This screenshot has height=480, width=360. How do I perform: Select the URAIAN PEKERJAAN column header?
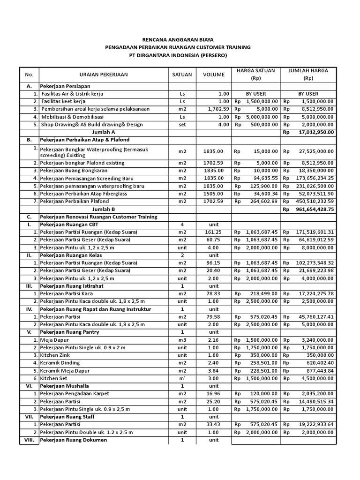(103, 74)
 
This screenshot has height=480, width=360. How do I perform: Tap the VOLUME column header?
(213, 74)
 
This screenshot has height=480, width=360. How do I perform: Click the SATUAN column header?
(182, 74)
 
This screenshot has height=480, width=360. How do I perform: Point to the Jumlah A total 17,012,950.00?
(314, 132)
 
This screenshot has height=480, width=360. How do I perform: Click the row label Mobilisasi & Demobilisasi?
(72, 117)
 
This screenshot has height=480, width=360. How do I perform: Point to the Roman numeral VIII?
(29, 440)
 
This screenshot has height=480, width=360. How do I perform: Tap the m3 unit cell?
(182, 340)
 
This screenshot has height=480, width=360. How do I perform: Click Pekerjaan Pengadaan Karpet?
(72, 394)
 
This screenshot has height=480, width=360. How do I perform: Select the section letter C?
(29, 217)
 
